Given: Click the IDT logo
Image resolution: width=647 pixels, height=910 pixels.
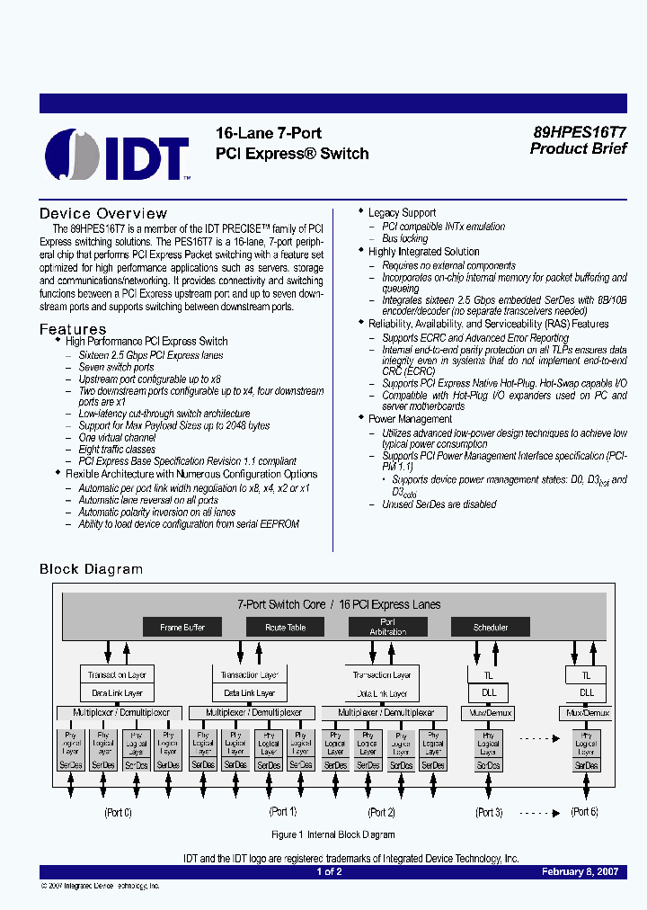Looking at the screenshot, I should pos(118,155).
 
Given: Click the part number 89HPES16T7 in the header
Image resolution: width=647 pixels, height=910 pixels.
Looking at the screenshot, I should pos(579,131).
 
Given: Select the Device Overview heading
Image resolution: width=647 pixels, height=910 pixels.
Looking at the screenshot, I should pos(103,214).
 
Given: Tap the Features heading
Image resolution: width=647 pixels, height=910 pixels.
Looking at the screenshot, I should pos(73,329).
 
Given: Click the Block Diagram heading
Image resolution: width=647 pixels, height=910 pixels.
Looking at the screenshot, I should pos(91,569).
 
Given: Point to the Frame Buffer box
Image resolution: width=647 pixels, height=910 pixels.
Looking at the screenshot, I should pos(182,627).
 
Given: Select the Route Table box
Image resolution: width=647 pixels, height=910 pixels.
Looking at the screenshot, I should pos(285,627).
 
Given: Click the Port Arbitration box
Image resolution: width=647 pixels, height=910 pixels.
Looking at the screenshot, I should pos(387,627).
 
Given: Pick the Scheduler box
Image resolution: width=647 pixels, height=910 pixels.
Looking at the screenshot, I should pos(491,627).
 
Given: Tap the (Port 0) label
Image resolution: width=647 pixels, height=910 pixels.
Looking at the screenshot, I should pos(118,812).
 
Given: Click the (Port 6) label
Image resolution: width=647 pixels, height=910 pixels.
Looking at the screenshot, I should pos(585,812).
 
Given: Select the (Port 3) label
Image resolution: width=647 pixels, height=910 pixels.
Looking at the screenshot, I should pos(488,812).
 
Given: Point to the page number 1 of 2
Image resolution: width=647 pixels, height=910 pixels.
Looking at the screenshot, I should pos(329,871).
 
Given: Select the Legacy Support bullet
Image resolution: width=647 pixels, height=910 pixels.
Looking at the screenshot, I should pos(402,213).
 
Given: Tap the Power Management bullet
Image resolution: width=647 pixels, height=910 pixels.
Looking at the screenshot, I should pos(410,419).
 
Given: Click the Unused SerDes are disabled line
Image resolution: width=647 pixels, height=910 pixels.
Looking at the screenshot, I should pos(439,504).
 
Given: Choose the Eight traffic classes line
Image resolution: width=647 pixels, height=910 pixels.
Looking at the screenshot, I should pos(117,449).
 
